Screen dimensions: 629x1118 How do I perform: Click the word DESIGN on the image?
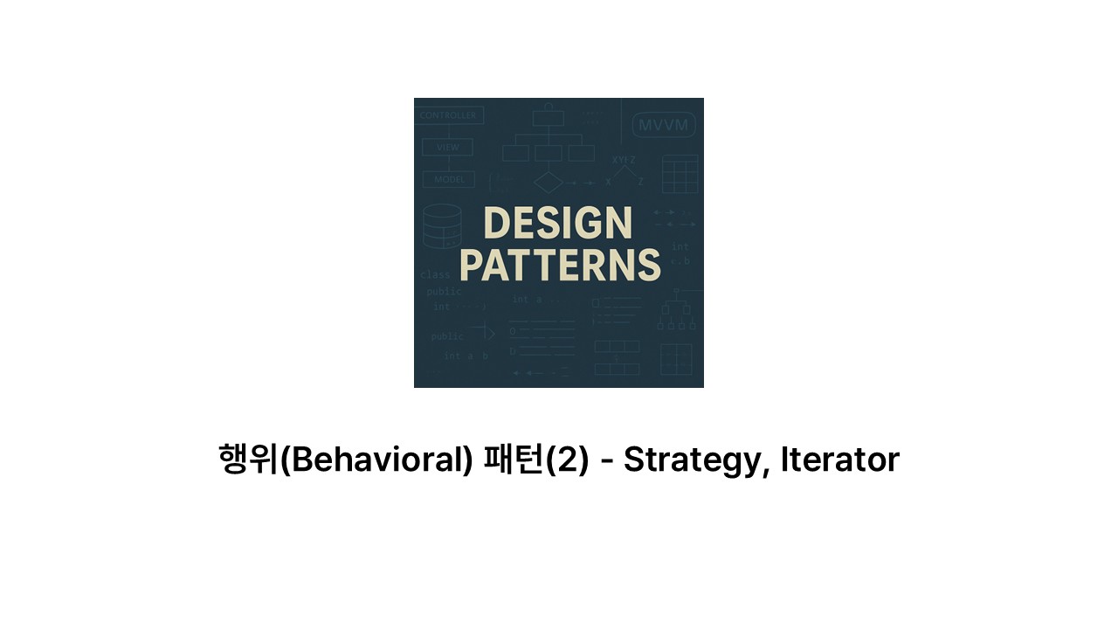(557, 224)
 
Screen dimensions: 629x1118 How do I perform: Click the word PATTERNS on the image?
(559, 266)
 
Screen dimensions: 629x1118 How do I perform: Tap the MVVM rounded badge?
(663, 125)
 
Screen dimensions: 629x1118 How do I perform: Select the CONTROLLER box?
(449, 115)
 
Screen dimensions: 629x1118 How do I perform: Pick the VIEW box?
(447, 147)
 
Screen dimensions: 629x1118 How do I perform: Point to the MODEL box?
(449, 179)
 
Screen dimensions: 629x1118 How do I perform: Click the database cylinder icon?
(441, 226)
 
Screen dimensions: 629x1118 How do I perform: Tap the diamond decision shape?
(549, 183)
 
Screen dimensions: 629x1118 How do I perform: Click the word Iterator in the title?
(839, 460)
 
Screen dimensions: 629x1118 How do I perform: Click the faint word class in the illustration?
(436, 274)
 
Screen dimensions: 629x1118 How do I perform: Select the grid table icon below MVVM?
(680, 174)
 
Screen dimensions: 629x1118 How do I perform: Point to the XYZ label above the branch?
(624, 160)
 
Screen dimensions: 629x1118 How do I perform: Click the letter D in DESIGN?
(497, 224)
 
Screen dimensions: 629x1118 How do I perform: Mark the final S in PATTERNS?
(647, 266)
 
